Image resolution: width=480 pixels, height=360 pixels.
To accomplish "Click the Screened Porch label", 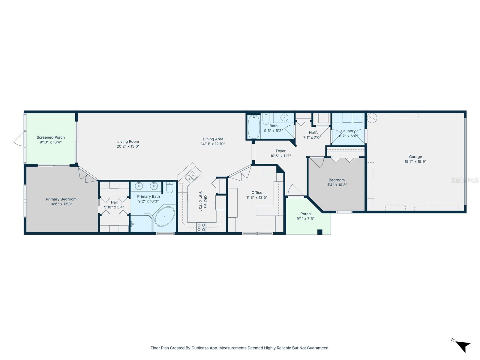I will (51, 137).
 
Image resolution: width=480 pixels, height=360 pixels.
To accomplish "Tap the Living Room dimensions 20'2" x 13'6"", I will (128, 146).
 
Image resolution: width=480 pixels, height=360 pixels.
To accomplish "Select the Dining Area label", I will (213, 139).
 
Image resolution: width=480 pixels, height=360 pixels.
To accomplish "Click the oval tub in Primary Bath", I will (164, 216).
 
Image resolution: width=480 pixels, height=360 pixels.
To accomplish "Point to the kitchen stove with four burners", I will (201, 227).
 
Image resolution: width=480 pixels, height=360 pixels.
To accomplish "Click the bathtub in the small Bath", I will (253, 127).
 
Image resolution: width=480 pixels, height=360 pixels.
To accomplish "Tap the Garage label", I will (415, 157).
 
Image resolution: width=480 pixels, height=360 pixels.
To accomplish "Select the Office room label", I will (257, 193).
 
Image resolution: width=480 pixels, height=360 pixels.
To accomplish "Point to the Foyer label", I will (280, 151).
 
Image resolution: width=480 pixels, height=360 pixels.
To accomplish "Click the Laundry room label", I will (348, 131).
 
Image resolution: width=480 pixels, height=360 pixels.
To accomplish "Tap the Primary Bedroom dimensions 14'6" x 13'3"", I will (61, 204).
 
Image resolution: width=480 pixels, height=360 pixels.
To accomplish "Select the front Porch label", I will (305, 214).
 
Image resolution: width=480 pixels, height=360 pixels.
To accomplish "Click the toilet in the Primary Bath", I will (169, 188).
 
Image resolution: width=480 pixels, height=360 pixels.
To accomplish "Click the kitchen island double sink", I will (191, 177).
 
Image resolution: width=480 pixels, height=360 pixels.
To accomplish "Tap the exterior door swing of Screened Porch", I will (19, 139).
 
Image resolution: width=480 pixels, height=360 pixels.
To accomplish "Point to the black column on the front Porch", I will (320, 232).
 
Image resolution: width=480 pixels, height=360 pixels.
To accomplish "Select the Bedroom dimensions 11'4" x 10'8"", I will (336, 185).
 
